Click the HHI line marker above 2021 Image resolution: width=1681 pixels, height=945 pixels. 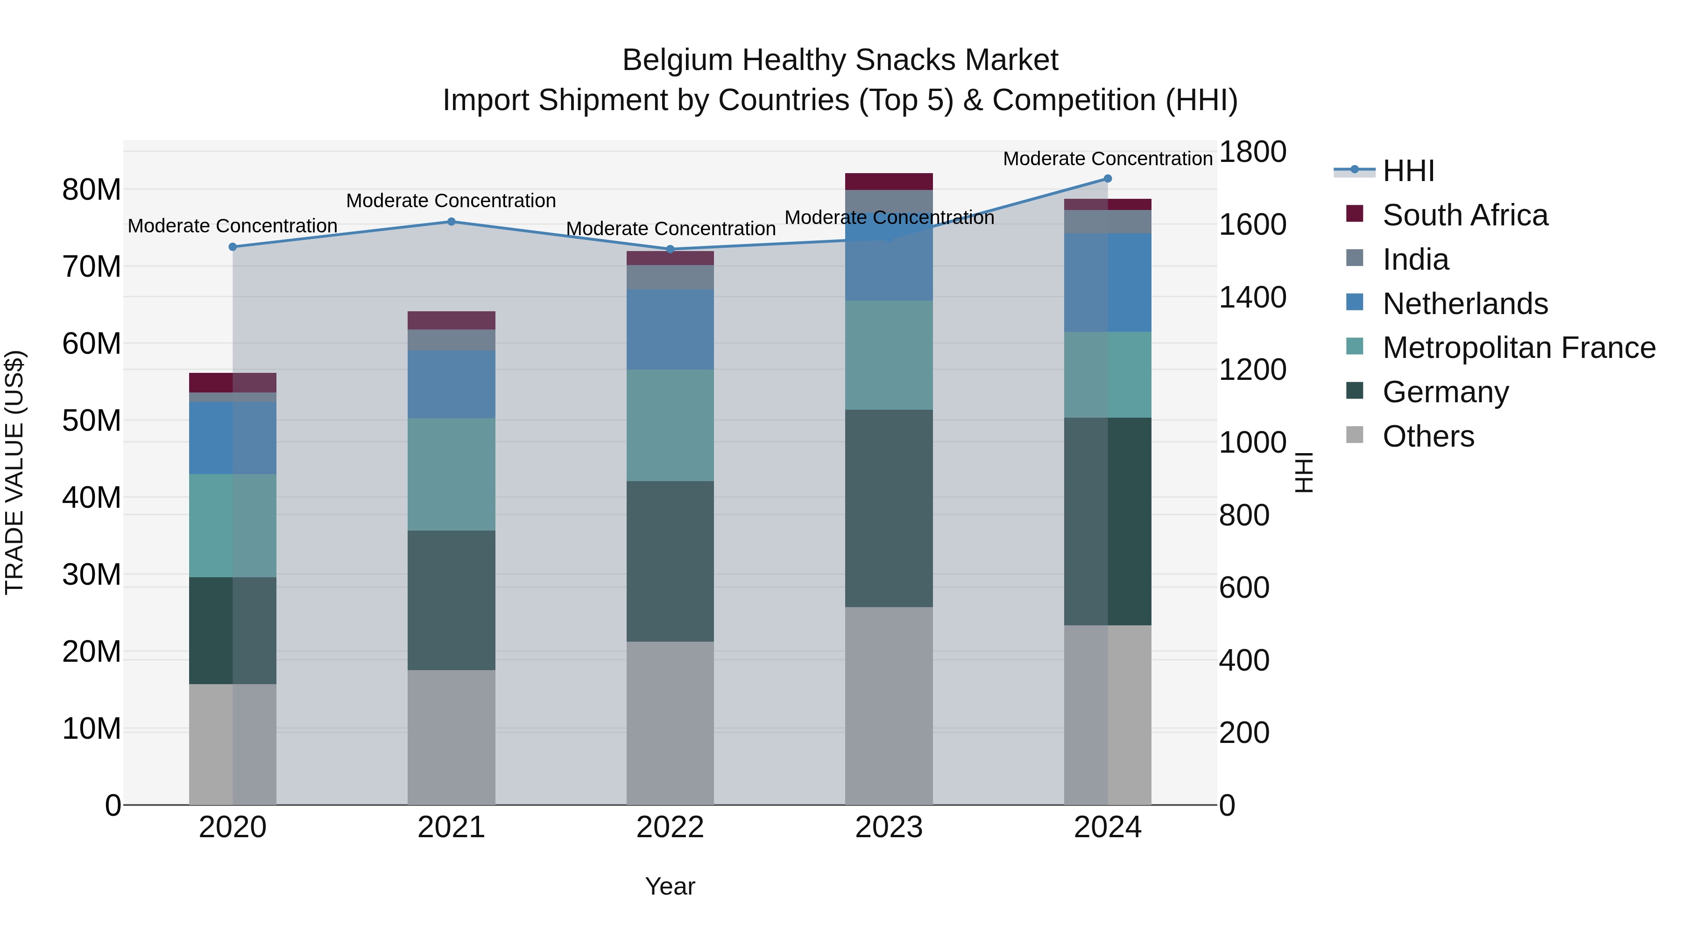[451, 222]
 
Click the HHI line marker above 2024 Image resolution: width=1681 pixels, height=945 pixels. [1108, 179]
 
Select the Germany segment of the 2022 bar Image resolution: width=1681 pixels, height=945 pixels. [670, 561]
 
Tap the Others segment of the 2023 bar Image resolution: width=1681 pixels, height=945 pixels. [889, 706]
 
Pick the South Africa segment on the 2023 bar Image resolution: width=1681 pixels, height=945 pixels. [889, 182]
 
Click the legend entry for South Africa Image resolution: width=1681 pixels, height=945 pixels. [1464, 215]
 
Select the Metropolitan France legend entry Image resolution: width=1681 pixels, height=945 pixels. [1519, 348]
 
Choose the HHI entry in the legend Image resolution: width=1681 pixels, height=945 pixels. [1408, 171]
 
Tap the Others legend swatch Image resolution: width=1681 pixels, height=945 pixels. [1355, 435]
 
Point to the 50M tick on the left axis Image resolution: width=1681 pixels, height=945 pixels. [92, 420]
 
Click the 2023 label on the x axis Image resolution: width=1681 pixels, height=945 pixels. [889, 827]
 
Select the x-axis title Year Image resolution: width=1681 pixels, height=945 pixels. [670, 886]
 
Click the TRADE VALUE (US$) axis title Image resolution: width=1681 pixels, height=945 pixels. [14, 472]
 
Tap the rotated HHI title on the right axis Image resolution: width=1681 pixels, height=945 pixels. [1303, 472]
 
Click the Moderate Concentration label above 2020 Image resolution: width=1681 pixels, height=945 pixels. [233, 226]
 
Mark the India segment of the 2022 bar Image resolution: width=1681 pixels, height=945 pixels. [670, 277]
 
